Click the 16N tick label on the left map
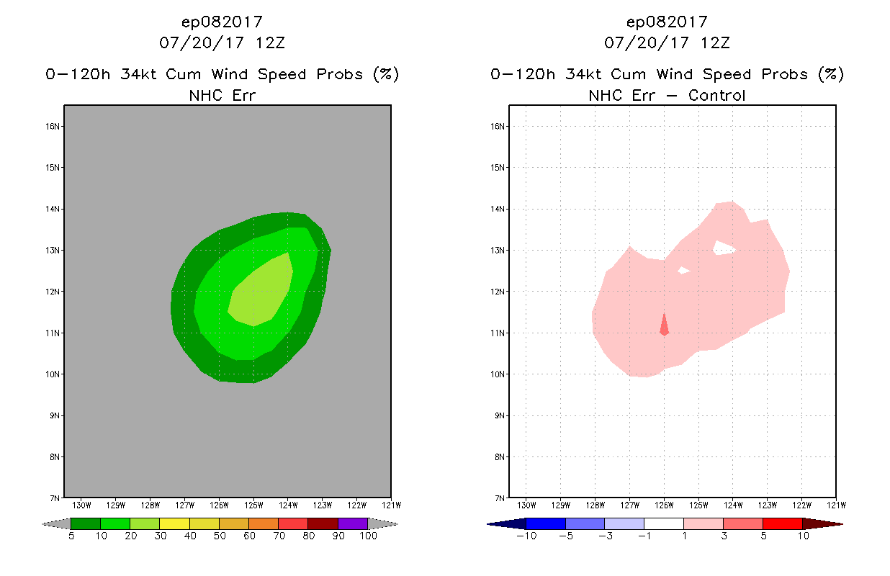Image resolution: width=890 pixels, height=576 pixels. pos(53,126)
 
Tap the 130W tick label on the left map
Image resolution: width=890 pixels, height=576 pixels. pos(81,505)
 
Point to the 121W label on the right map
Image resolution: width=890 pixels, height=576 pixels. pos(837,505)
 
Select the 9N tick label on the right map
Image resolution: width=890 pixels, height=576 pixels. pos(500,415)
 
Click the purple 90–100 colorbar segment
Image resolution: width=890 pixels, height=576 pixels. pos(353,523)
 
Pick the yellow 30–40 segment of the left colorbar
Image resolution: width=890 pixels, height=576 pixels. pos(175,523)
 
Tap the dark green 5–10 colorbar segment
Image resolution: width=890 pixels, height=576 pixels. pos(86,523)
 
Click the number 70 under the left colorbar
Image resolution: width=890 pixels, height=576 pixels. pos(279,536)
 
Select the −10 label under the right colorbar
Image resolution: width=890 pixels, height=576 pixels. pos(526,536)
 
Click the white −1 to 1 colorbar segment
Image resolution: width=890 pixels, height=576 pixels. pos(664,523)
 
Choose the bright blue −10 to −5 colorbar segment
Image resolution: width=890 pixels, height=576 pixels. pos(546,523)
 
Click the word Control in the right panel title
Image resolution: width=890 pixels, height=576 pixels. pos(716,95)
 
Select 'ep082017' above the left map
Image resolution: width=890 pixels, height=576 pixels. pos(222,22)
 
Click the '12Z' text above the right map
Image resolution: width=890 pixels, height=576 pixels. pos(715,42)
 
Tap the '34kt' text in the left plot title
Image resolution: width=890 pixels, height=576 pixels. pos(138,74)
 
